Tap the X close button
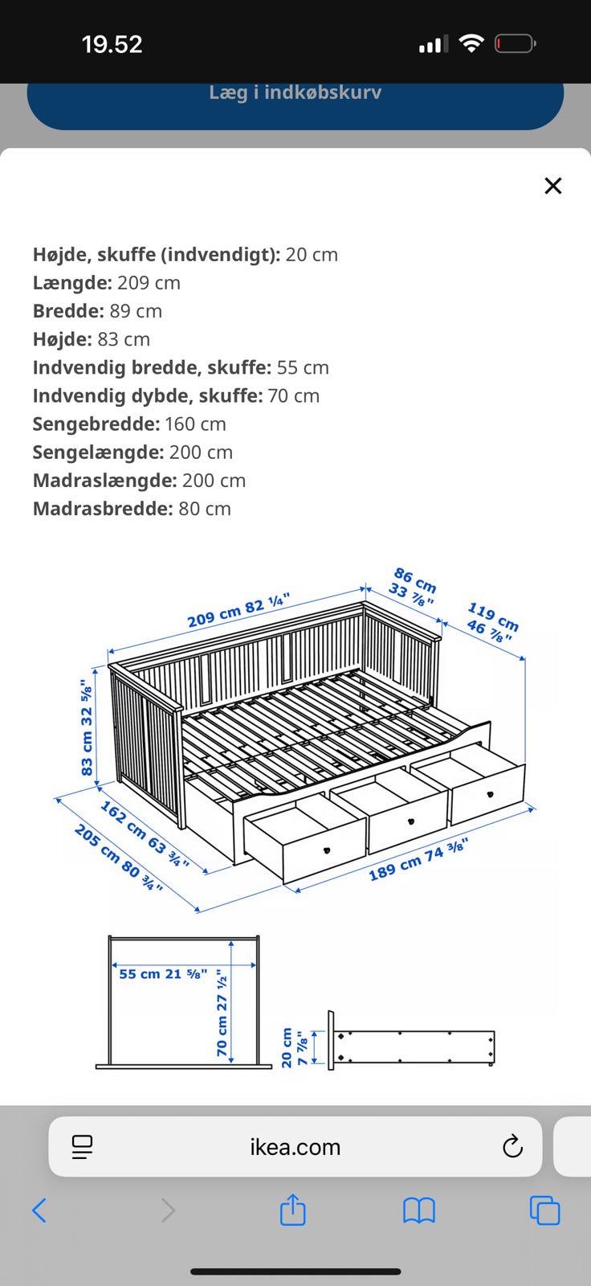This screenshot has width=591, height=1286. (x=552, y=186)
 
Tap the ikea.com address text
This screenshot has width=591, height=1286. (x=295, y=1147)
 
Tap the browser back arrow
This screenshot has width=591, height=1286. (x=39, y=1210)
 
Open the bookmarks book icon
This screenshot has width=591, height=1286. (x=418, y=1210)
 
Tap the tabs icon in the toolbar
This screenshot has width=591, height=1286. (x=544, y=1210)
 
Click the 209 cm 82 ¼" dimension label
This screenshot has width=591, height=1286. (x=238, y=612)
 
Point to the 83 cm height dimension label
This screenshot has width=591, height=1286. (x=87, y=727)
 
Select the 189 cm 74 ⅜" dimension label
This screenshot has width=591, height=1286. (x=418, y=859)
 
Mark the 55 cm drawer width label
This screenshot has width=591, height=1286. (x=163, y=974)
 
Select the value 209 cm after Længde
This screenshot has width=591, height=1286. (x=149, y=283)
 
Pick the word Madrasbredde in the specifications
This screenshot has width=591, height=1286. (x=102, y=509)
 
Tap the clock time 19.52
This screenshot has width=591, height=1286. (x=112, y=43)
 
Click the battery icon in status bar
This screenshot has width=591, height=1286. (x=515, y=43)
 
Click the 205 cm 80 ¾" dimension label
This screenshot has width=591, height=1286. (x=119, y=858)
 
